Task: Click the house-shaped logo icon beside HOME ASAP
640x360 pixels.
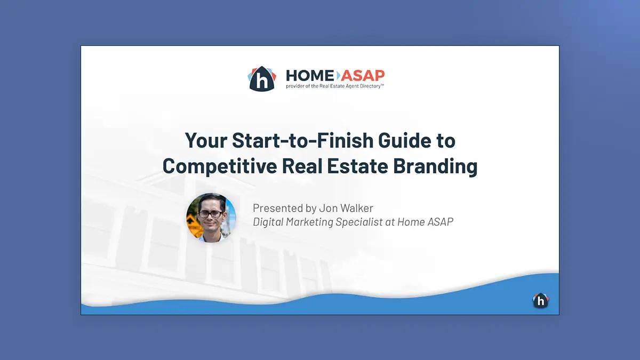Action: (262, 78)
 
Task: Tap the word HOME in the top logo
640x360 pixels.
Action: (310, 76)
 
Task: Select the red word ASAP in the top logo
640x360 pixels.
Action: (363, 76)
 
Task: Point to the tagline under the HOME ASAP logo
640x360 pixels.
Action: (335, 86)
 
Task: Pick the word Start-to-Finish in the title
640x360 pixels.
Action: (302, 140)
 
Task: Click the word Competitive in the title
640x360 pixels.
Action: (220, 166)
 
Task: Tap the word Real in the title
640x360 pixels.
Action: (302, 166)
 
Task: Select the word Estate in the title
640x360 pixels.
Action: (357, 166)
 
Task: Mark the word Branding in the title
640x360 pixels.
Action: (435, 166)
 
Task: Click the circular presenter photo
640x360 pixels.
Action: (211, 218)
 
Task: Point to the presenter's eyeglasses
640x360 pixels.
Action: (211, 214)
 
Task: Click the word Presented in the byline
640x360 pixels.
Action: (278, 208)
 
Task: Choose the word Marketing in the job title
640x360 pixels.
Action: (309, 222)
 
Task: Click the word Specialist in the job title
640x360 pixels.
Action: (359, 222)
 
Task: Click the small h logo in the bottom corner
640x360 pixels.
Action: (541, 301)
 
